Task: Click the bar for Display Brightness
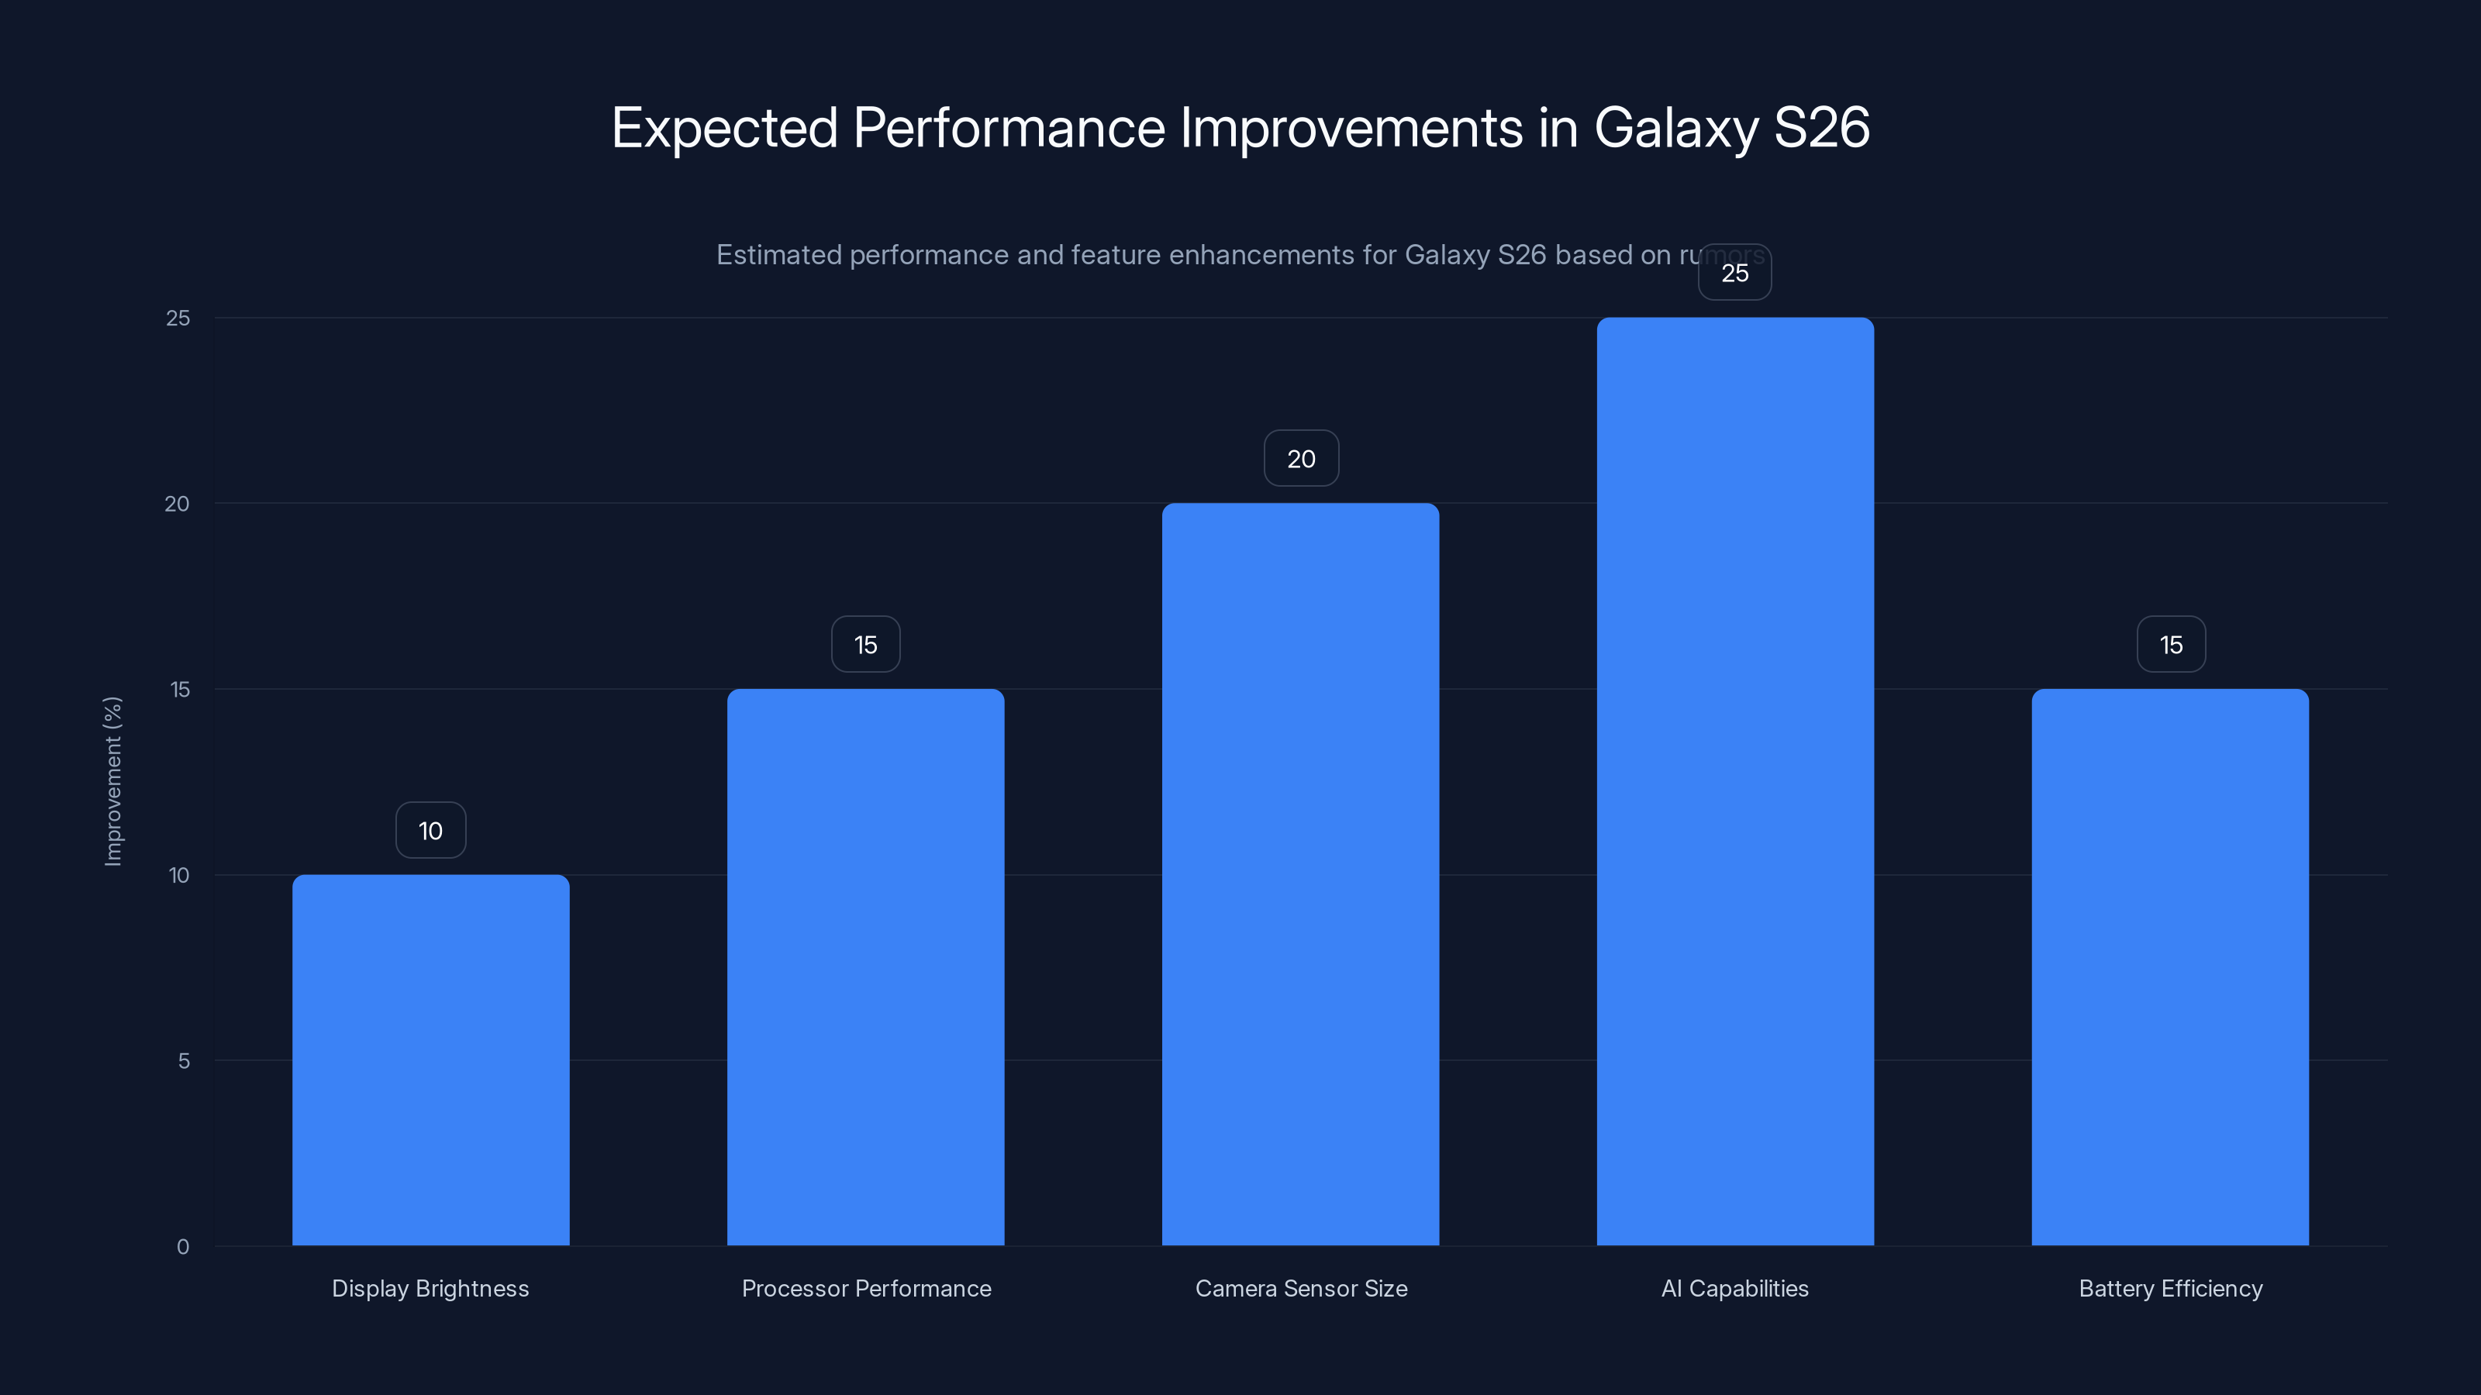(430, 1059)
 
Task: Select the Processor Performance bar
(865, 966)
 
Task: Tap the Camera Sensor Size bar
(1300, 874)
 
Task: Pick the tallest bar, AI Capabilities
(1734, 780)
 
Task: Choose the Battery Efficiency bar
(2170, 966)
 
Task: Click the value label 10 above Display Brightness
(430, 831)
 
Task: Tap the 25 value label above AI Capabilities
(1734, 274)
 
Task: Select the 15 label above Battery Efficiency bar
(2170, 645)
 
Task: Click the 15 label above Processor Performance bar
(865, 645)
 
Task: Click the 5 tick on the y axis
(183, 1061)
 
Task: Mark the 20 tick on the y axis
(178, 504)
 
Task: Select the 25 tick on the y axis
(178, 318)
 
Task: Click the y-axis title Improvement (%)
(112, 780)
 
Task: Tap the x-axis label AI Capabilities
(1734, 1288)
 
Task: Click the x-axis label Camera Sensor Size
(1300, 1288)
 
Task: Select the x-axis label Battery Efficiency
(2170, 1288)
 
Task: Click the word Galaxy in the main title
(1675, 128)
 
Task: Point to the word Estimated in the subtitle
(778, 255)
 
